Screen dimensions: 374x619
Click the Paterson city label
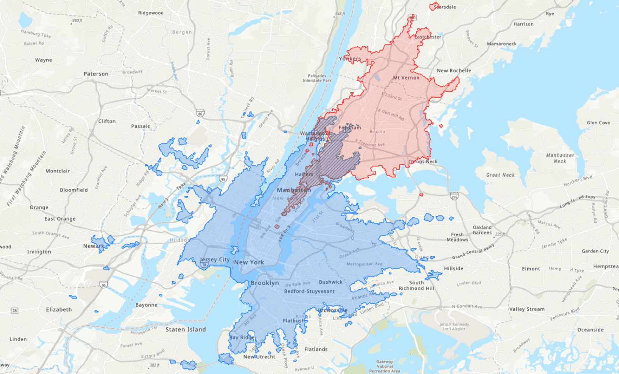(96, 74)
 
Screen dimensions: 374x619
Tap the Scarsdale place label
(445, 7)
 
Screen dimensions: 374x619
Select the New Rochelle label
(454, 71)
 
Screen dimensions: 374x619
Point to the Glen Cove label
(598, 123)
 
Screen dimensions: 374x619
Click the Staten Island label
(185, 330)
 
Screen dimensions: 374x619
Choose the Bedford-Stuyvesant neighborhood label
(309, 291)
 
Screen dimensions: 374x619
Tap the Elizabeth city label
(59, 310)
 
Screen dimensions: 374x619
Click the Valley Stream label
(526, 309)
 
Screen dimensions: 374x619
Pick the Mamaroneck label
(502, 44)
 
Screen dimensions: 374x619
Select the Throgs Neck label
(423, 162)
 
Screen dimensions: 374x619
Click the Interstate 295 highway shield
(454, 196)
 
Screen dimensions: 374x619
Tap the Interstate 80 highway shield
(200, 113)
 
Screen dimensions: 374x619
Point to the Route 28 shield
(14, 310)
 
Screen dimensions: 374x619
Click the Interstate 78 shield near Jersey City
(204, 265)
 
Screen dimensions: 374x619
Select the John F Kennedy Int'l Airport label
(454, 326)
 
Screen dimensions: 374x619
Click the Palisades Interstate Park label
(317, 78)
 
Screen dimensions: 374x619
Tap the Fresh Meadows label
(457, 237)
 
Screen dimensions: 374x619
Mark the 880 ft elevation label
(77, 21)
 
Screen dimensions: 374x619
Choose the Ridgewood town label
(151, 13)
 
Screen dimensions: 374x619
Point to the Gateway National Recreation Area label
(384, 366)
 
